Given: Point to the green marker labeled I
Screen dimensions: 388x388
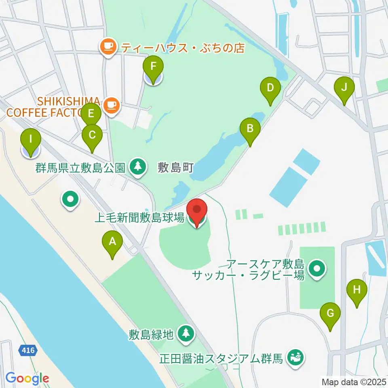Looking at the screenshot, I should pos(31,143).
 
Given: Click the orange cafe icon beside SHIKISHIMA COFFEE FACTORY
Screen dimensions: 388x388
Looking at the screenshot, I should pos(110,105).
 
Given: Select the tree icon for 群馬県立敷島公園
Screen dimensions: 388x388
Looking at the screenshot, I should pos(138,167).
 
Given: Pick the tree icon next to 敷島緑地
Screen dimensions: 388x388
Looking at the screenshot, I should pos(186,334).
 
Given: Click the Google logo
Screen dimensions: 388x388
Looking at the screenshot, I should pos(27,378).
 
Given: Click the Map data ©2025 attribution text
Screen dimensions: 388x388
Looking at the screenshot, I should pos(353,381).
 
